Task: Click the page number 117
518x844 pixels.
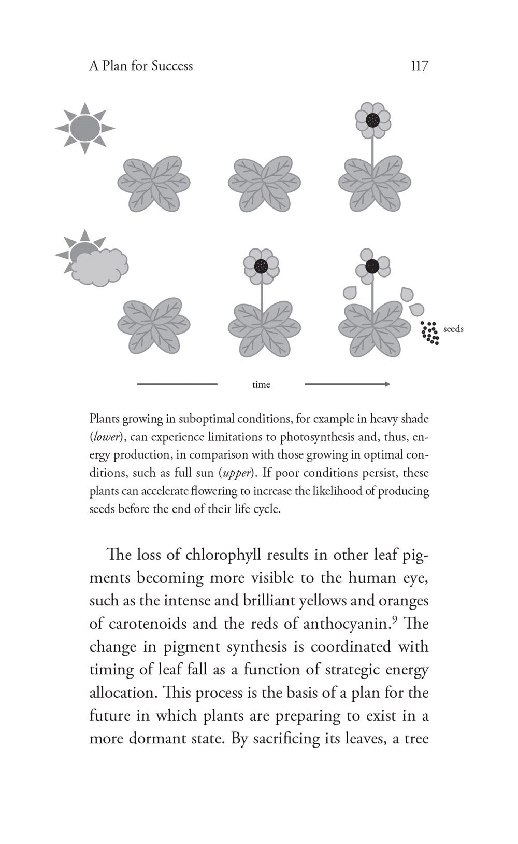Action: click(419, 66)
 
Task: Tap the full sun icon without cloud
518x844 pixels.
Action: click(84, 128)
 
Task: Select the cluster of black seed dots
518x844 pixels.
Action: click(430, 333)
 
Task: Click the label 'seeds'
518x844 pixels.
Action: click(453, 329)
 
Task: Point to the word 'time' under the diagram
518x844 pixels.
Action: click(261, 384)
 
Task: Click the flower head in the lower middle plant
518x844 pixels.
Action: click(262, 266)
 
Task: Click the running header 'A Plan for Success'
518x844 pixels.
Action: click(141, 66)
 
